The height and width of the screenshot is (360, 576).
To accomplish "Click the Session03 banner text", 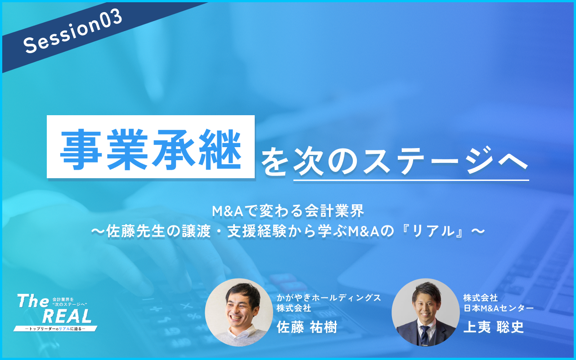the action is click(x=73, y=31).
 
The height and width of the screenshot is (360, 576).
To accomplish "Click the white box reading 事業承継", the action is click(x=151, y=147).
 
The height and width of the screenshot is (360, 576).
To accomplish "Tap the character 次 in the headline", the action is click(x=308, y=161).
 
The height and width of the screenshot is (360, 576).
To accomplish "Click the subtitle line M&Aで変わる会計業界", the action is click(x=288, y=211).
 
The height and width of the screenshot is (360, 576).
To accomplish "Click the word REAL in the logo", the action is click(x=67, y=316).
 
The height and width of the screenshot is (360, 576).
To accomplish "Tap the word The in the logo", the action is click(x=33, y=301).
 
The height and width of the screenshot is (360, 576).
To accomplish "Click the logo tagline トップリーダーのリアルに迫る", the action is click(x=55, y=328).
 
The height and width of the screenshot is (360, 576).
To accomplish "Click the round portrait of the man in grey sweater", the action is click(x=239, y=312).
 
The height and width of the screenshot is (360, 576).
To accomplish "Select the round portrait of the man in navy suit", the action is click(x=425, y=312).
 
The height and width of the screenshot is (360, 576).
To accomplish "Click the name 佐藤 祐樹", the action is click(x=307, y=327).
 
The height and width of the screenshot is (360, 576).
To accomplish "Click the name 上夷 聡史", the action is click(x=494, y=327).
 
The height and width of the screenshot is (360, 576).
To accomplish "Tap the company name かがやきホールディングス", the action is click(x=328, y=298).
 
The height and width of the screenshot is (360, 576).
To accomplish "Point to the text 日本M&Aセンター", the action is click(x=498, y=308).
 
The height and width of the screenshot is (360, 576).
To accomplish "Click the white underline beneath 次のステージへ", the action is click(x=411, y=180).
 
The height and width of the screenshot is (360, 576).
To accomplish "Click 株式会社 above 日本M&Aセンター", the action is click(x=480, y=298).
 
